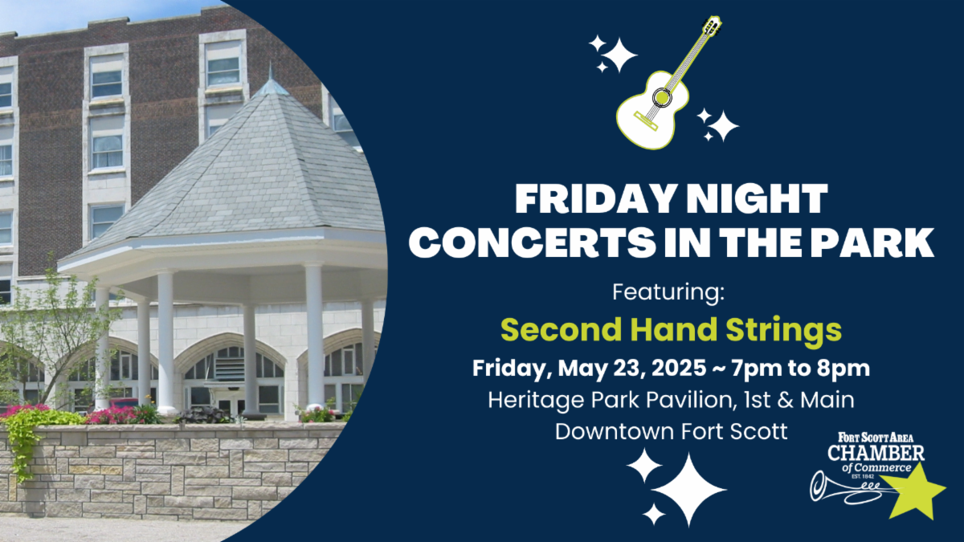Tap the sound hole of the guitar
pos(662,98)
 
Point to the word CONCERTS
pos(533,243)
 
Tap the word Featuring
pos(668,292)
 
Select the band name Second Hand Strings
pos(671,330)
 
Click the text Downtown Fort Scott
pos(672,432)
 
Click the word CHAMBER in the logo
pos(876,453)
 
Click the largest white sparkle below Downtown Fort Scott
pos(689,490)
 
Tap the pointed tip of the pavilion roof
pos(270,64)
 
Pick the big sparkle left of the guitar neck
pos(619,55)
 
